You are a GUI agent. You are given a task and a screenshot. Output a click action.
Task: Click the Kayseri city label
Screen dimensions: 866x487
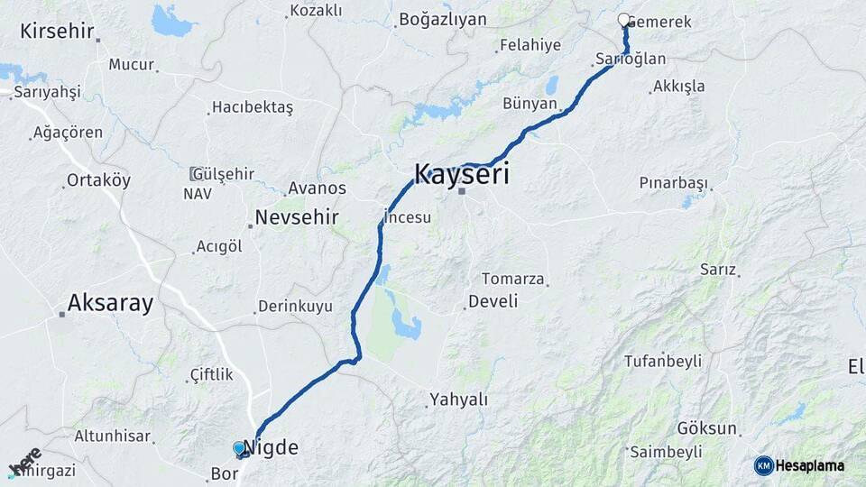click(461, 173)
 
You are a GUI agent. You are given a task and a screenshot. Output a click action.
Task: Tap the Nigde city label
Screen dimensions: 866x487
click(271, 446)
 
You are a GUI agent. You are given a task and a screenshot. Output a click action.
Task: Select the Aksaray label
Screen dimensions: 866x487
click(110, 303)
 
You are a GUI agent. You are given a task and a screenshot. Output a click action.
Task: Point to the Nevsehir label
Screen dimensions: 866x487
click(297, 217)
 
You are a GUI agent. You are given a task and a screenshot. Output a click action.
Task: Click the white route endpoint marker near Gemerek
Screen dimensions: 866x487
click(623, 19)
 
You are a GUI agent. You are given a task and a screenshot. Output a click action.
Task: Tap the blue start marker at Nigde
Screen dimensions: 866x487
click(239, 447)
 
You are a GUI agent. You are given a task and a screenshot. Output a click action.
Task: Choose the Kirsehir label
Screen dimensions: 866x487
click(57, 32)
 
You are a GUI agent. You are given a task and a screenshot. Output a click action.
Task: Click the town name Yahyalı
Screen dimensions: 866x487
click(458, 400)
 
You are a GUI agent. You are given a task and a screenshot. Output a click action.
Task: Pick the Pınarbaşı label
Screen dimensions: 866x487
click(673, 182)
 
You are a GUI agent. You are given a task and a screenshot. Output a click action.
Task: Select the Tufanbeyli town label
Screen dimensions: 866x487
click(662, 362)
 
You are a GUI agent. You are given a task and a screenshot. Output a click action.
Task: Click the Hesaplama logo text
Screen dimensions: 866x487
click(810, 465)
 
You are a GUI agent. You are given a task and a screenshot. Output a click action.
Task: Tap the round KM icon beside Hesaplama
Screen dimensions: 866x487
click(763, 465)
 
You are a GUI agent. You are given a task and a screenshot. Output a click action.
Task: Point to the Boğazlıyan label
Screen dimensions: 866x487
click(442, 19)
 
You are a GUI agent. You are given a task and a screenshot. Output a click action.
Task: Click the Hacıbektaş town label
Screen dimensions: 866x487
click(252, 107)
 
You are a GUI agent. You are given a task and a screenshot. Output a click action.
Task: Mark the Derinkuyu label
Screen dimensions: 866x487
click(295, 307)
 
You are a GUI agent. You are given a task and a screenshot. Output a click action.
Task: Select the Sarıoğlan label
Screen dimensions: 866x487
click(631, 60)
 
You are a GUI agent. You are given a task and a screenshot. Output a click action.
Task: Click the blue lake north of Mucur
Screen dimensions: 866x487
click(172, 20)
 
